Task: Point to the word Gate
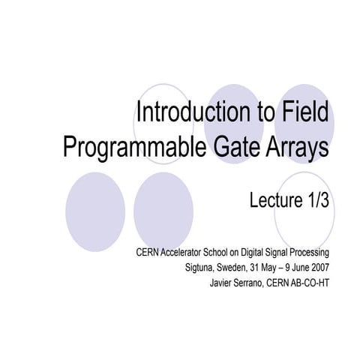pos(226,146)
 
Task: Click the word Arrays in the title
pos(294,146)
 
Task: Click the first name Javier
pos(225,283)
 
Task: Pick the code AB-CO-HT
pos(312,283)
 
